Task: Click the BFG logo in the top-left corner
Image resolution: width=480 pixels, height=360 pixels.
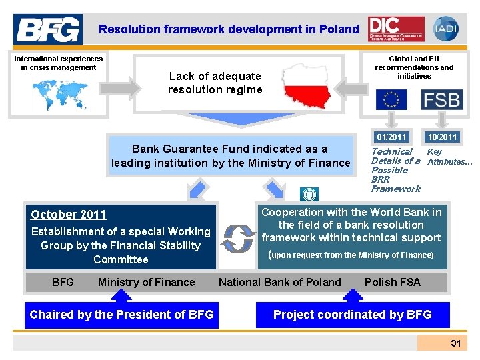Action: pyautogui.click(x=48, y=29)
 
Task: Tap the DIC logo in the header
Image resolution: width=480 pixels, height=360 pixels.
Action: pyautogui.click(x=395, y=29)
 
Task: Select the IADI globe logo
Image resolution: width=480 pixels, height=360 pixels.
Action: pyautogui.click(x=445, y=29)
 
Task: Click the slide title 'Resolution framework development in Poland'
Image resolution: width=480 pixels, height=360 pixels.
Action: pyautogui.click(x=229, y=29)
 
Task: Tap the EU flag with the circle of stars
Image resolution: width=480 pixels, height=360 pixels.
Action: pyautogui.click(x=391, y=100)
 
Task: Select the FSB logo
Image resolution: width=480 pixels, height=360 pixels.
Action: pyautogui.click(x=441, y=100)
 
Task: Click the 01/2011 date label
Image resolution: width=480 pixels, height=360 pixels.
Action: pyautogui.click(x=391, y=137)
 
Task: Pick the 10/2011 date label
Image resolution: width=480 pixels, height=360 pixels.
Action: pyautogui.click(x=442, y=137)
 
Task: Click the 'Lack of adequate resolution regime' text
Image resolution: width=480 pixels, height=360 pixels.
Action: pyautogui.click(x=215, y=83)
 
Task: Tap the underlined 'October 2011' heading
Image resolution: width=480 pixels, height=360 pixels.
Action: pyautogui.click(x=69, y=215)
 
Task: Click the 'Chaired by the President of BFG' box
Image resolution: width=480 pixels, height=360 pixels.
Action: pyautogui.click(x=121, y=315)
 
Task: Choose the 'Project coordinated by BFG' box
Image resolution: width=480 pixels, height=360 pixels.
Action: pyautogui.click(x=353, y=315)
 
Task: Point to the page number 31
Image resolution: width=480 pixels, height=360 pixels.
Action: pyautogui.click(x=456, y=343)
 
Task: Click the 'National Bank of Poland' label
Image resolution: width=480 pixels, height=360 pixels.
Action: pyautogui.click(x=280, y=282)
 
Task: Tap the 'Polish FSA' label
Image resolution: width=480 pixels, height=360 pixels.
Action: pyautogui.click(x=393, y=282)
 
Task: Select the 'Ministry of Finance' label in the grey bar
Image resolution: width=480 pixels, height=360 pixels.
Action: pyautogui.click(x=147, y=282)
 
